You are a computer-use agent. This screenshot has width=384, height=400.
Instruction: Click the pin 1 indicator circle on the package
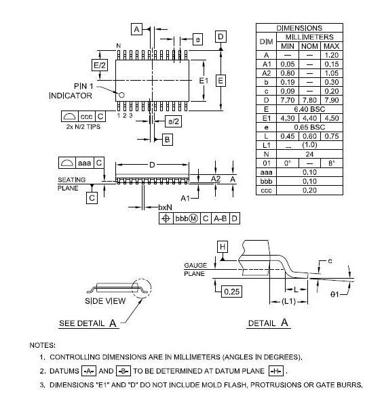pyautogui.click(x=121, y=95)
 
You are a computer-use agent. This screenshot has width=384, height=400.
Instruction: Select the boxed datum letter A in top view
pyautogui.click(x=136, y=29)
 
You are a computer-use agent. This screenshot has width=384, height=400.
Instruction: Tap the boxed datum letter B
pyautogui.click(x=167, y=139)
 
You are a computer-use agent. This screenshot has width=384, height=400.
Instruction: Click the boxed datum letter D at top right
pyautogui.click(x=220, y=36)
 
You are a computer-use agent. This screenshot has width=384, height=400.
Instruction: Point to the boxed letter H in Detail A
pyautogui.click(x=221, y=247)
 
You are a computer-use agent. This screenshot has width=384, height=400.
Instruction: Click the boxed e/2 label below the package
pyautogui.click(x=173, y=121)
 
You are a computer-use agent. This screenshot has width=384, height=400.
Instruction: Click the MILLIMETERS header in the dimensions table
pyautogui.click(x=309, y=37)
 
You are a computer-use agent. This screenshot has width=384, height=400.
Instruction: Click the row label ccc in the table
pyautogui.click(x=267, y=190)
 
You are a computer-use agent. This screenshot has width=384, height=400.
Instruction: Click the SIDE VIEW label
pyautogui.click(x=104, y=300)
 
